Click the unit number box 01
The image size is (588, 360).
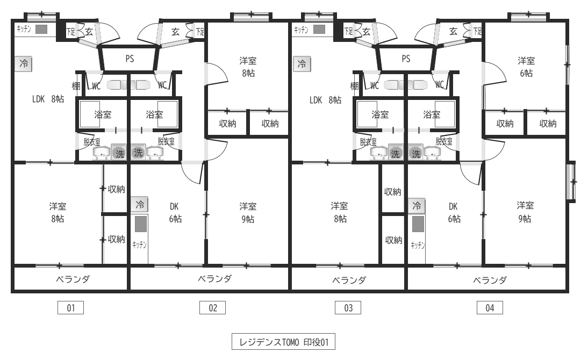point(70,308)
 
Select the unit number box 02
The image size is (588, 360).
point(213,308)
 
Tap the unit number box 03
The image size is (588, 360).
point(348,308)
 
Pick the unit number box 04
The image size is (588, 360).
point(490,308)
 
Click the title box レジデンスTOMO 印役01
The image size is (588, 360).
point(283,342)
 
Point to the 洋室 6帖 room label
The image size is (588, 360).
point(526,67)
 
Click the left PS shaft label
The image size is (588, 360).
point(130,59)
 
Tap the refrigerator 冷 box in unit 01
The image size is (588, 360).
point(24,64)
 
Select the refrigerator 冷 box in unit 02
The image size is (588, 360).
point(140,205)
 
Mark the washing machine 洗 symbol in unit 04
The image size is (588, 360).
point(416,153)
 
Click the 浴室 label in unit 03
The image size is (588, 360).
point(380,114)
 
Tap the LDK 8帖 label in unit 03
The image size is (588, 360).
point(325,100)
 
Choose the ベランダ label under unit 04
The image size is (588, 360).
point(490,280)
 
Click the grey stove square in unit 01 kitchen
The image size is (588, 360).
point(41,29)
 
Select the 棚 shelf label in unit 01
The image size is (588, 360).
point(76,86)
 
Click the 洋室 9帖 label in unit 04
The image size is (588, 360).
point(525,212)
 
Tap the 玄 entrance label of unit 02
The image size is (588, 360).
point(176,32)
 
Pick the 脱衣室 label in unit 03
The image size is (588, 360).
point(368,142)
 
